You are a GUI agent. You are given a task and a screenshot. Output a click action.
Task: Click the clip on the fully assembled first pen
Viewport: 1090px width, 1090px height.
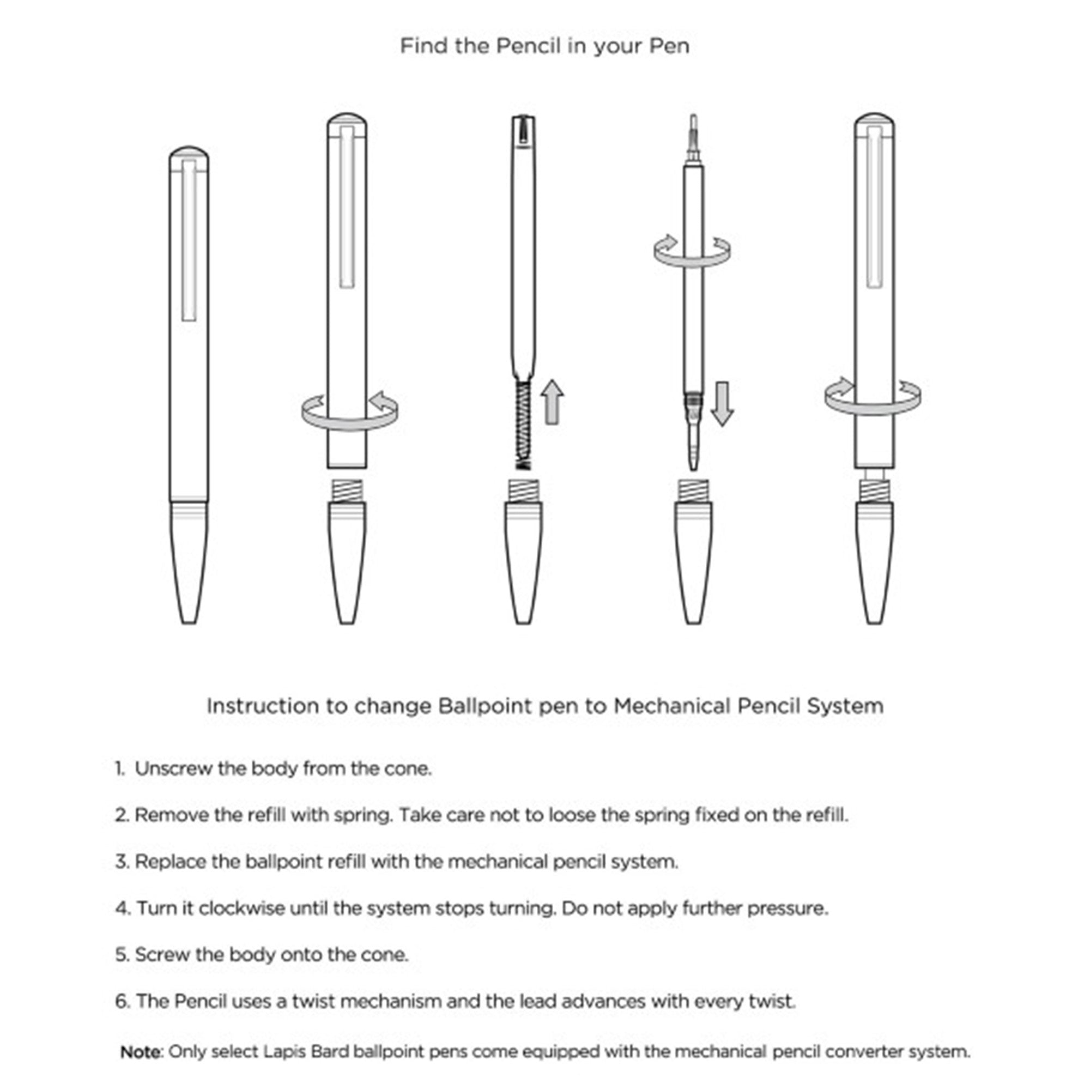coord(190,240)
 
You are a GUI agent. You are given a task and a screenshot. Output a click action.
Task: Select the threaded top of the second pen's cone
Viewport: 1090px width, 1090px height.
coord(347,490)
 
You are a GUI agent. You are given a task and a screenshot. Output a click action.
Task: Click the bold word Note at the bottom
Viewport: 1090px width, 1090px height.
coord(141,1052)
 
